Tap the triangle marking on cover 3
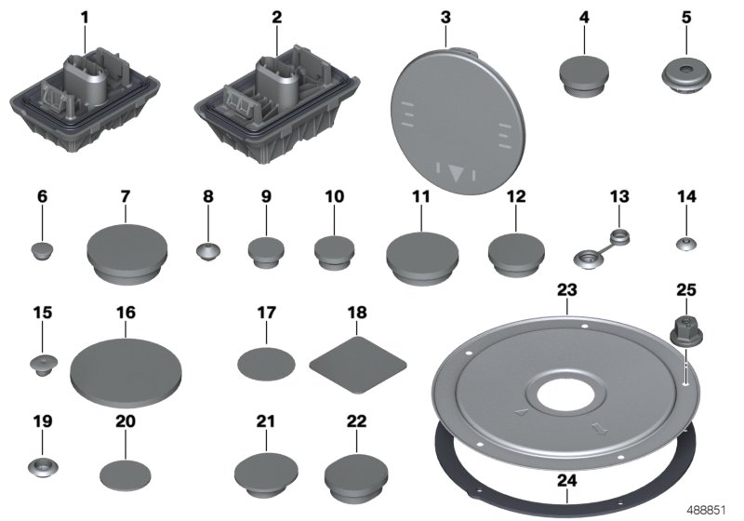(x=456, y=171)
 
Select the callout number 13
(x=619, y=196)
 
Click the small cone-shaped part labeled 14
(x=685, y=244)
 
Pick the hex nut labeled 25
(x=684, y=331)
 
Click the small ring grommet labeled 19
(x=41, y=464)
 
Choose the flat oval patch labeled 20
(x=126, y=473)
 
